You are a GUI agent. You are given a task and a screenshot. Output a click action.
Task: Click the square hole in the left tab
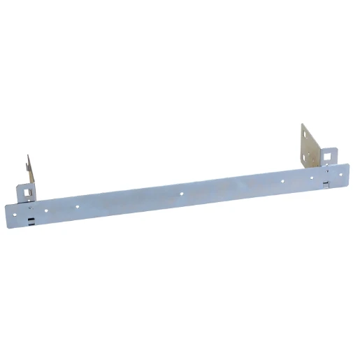point(27,189)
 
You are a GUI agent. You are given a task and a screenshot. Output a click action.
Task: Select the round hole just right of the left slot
point(46,208)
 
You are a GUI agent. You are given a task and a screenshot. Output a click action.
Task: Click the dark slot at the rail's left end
point(31,220)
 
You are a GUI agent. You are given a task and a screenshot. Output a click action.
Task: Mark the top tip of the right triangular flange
point(303,124)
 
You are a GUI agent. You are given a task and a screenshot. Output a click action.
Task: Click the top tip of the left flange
point(29,155)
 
